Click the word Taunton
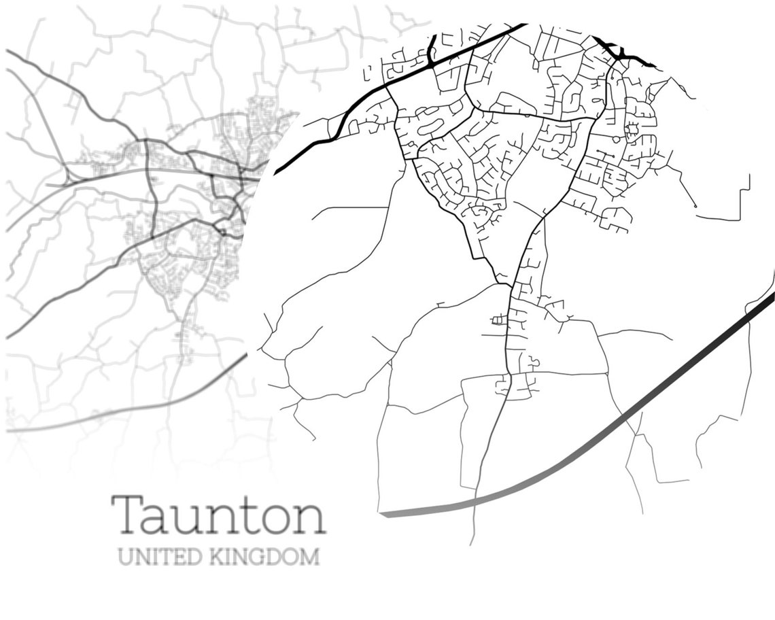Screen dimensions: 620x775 click(x=218, y=515)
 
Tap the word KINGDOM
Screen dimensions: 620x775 click(x=264, y=557)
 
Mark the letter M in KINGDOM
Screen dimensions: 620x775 click(x=310, y=557)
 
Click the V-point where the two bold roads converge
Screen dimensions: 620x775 click(x=503, y=282)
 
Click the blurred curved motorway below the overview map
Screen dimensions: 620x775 click(x=136, y=411)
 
